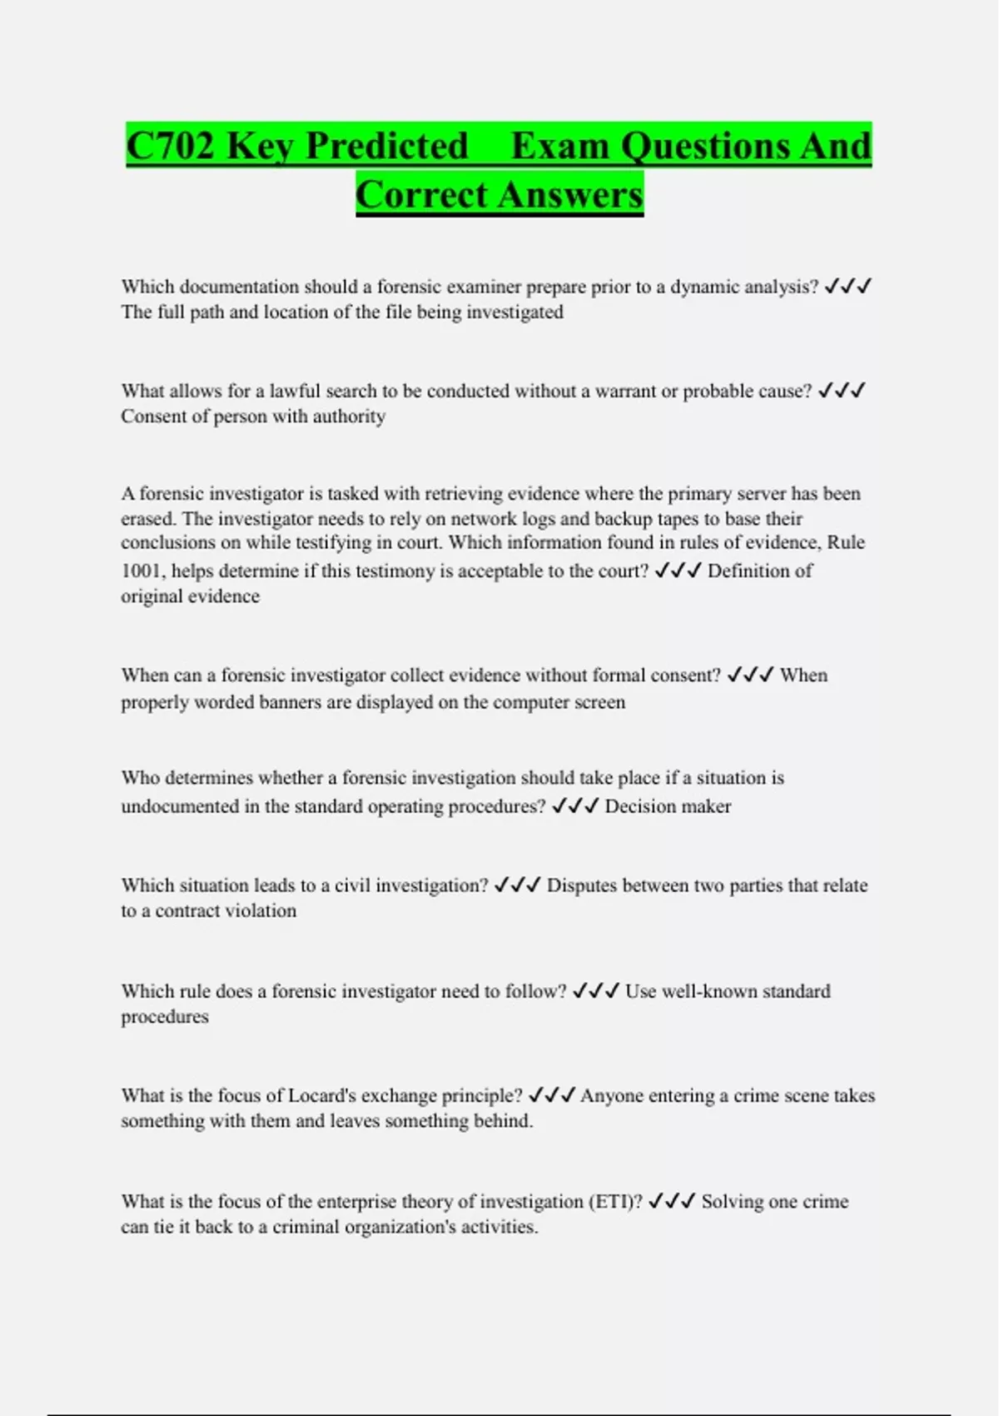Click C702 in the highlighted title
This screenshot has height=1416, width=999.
click(171, 147)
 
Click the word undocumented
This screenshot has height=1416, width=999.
click(180, 806)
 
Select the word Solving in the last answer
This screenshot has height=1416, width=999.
click(733, 1202)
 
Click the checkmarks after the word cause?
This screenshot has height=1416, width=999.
click(842, 391)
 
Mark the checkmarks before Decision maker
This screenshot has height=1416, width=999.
click(575, 805)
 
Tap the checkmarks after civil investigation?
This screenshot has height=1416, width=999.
click(517, 885)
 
